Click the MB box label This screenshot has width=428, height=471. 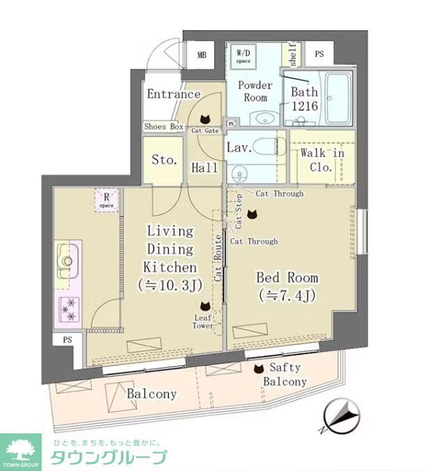201,54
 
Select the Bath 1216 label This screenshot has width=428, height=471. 304,99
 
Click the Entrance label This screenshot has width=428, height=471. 174,94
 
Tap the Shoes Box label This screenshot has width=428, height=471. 164,127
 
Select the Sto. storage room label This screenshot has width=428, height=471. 164,160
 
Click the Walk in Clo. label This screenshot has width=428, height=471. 322,160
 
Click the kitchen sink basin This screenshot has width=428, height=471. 68,259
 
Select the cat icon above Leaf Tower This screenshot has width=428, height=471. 205,306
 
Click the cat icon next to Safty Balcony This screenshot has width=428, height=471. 259,369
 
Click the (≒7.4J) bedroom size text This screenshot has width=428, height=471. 288,295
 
